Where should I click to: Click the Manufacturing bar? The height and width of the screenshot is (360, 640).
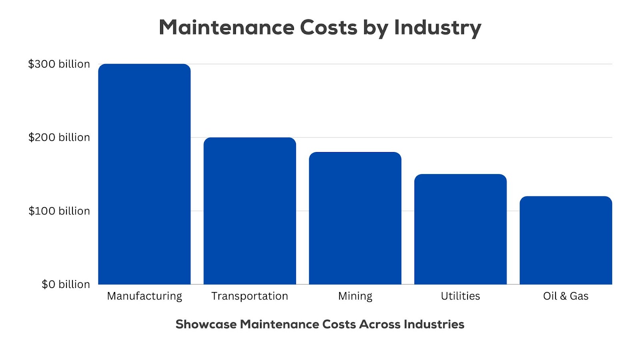click(144, 174)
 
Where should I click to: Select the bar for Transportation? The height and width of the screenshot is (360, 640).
click(250, 211)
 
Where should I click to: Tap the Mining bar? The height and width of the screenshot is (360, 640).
click(355, 218)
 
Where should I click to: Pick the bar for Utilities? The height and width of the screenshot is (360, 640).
click(460, 229)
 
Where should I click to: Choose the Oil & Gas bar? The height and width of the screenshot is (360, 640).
click(566, 240)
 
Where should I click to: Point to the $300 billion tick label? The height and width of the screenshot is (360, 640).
click(59, 64)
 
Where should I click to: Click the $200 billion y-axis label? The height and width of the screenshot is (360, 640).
click(59, 138)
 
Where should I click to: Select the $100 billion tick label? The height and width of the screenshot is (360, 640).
click(59, 211)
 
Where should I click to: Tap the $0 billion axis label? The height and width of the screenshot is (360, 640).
click(66, 284)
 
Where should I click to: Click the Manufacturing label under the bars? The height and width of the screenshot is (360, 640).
click(144, 296)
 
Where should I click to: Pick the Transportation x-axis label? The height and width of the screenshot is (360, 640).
click(250, 296)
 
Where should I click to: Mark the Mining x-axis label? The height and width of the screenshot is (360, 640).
click(355, 296)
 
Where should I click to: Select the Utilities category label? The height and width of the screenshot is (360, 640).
click(460, 296)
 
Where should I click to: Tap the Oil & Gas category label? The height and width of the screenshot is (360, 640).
click(566, 296)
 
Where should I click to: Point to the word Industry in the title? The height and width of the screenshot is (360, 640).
click(438, 28)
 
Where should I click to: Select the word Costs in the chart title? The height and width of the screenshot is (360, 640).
click(328, 28)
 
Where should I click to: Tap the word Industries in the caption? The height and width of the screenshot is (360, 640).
click(434, 324)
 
